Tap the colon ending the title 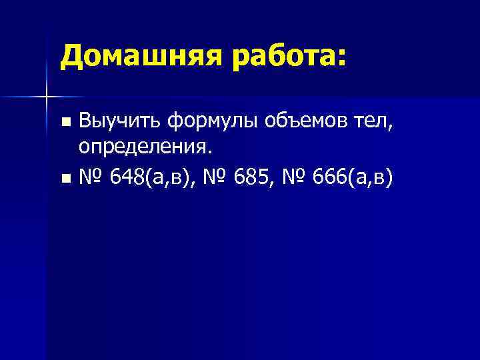(x=342, y=59)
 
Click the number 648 (x=127, y=177)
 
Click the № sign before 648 (x=91, y=177)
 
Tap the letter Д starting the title (x=71, y=56)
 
